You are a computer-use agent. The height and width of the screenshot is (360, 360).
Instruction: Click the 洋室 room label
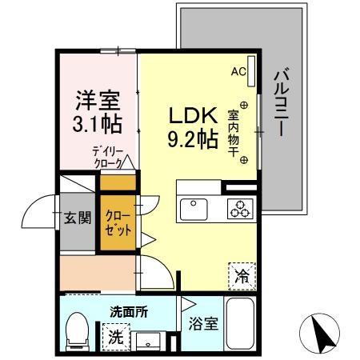click(x=98, y=102)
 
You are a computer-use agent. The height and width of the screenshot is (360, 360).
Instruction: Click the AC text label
click(x=238, y=72)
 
